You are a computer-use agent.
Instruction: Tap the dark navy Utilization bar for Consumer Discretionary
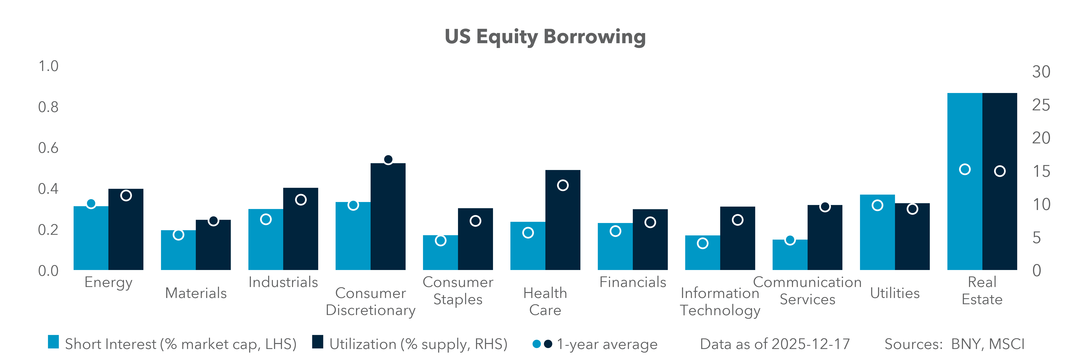(x=388, y=218)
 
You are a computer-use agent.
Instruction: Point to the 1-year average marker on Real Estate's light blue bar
(x=965, y=169)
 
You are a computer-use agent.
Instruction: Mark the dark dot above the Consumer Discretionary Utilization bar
(x=388, y=160)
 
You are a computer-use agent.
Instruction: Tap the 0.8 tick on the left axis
(x=48, y=107)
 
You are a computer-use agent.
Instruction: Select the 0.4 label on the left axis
(x=48, y=189)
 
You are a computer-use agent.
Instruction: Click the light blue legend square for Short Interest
(x=53, y=342)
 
